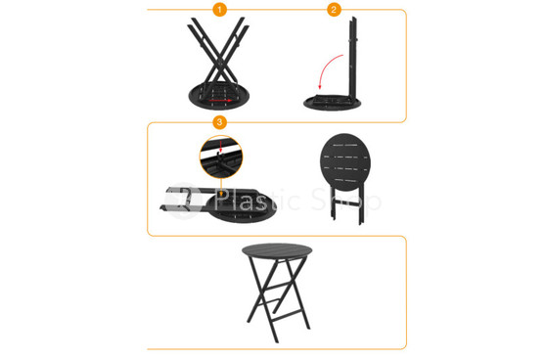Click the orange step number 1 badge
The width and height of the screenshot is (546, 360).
[x=220, y=10]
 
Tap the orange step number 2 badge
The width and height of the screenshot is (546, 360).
[x=334, y=10]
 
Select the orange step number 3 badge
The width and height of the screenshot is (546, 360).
[x=220, y=122]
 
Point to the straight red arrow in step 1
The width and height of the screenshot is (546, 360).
[x=220, y=101]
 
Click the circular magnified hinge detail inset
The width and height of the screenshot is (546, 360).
[x=221, y=157]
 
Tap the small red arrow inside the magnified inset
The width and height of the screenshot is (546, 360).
[x=220, y=145]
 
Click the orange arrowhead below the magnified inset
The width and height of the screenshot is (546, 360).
[x=221, y=193]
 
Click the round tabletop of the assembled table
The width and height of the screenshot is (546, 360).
[x=277, y=251]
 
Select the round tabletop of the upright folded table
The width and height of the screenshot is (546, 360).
[x=345, y=161]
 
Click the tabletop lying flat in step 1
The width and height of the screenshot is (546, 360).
[x=219, y=96]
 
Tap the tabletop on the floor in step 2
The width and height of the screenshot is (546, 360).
[x=332, y=103]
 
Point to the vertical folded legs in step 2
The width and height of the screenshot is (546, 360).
[x=353, y=58]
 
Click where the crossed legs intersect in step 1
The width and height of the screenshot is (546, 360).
[x=220, y=62]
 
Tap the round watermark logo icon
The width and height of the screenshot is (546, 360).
[x=184, y=202]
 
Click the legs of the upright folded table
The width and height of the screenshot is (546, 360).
[x=347, y=205]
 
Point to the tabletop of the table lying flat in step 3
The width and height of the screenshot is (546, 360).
[x=242, y=207]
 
